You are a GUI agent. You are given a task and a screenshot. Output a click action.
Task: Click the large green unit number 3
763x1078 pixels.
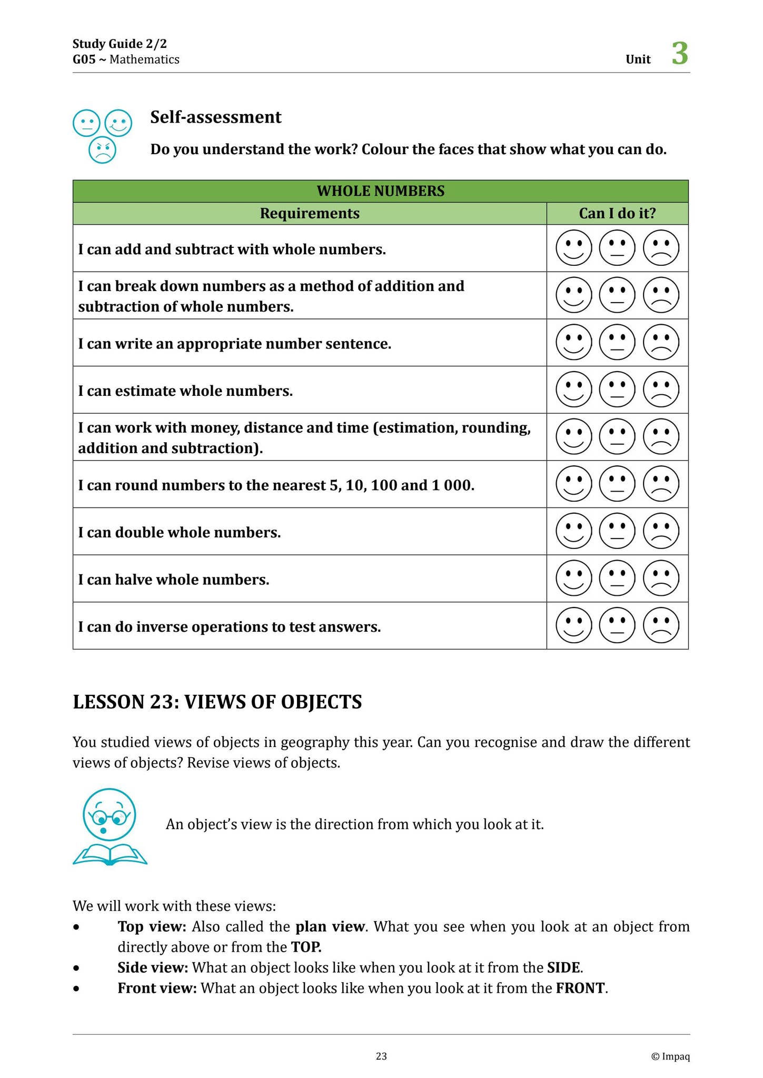click(x=680, y=54)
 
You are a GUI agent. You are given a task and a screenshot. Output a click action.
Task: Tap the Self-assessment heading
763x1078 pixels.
click(x=215, y=117)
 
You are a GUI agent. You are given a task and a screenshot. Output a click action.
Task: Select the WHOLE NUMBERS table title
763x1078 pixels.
click(x=380, y=191)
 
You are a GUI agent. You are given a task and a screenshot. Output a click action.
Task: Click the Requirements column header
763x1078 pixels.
click(x=310, y=214)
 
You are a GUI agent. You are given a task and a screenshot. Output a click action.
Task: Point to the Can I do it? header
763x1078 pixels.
click(x=617, y=214)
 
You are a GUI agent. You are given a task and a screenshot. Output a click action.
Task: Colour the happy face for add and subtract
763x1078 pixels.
click(x=573, y=248)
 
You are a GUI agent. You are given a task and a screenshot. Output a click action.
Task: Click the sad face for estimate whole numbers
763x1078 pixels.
click(x=661, y=390)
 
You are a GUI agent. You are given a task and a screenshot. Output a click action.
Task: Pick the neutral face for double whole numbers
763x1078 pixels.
click(x=617, y=531)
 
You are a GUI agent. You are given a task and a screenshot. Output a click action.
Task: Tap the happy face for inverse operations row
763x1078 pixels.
click(x=573, y=625)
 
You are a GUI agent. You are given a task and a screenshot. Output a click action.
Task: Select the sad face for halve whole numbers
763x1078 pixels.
click(x=661, y=578)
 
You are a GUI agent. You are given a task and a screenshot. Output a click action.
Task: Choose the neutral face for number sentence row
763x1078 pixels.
click(x=617, y=343)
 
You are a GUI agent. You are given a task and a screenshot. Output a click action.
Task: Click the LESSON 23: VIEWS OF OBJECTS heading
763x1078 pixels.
click(x=217, y=702)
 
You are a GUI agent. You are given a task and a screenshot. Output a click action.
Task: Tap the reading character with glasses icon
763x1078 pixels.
click(x=110, y=826)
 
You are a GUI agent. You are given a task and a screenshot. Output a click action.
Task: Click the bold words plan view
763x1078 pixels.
click(x=330, y=926)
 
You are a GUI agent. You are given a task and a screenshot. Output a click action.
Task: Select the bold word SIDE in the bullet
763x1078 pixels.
click(x=563, y=967)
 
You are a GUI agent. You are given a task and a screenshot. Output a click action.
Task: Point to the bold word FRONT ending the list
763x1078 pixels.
click(x=580, y=988)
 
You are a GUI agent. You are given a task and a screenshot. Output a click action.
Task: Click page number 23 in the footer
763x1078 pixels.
click(x=381, y=1056)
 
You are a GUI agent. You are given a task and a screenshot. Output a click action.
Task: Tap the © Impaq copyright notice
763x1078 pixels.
click(x=670, y=1056)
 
